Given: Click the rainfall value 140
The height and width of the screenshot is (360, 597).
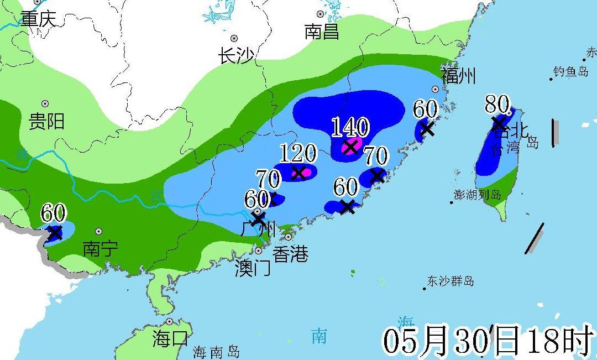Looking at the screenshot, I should coord(350,128).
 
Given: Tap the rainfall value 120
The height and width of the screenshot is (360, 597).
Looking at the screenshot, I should coord(298,154).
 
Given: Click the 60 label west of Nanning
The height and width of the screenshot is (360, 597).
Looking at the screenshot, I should coord(53,213).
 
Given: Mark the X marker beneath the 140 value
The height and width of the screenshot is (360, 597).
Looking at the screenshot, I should coord(350,147).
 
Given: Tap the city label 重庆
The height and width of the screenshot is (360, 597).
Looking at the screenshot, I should coord(39,19).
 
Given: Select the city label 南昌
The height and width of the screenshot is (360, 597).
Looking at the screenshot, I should coord(322,32).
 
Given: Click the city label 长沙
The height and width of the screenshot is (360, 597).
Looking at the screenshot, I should coord(236,56).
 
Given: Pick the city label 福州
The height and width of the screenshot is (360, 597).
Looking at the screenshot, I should coord(458,76).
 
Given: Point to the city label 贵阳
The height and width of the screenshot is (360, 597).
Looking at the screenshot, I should coord(46,121).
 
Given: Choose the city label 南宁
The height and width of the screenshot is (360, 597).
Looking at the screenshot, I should coord(100,249).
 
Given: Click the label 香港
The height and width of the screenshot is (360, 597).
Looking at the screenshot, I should coord(291,254).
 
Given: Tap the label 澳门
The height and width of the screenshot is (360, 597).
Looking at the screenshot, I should coord(252,269).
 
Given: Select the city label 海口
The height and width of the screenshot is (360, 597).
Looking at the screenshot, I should coord(170,338).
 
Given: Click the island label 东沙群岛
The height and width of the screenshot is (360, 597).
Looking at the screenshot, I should coord(451,281).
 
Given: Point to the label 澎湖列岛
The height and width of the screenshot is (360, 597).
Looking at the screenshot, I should coord(478,195).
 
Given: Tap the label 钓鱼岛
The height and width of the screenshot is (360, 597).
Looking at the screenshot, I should coord(571,72).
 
